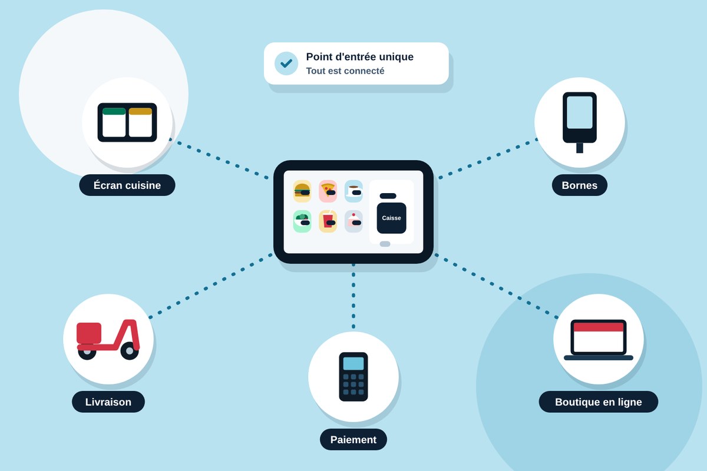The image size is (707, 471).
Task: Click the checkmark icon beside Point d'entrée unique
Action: point(286,64)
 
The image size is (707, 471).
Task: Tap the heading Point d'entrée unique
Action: point(359,57)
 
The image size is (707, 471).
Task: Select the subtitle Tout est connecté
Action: point(345,71)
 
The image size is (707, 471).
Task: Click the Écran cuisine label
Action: point(127,185)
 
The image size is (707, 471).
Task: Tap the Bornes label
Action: point(580,185)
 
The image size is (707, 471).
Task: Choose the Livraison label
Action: point(108,402)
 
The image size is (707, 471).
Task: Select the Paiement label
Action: point(353,439)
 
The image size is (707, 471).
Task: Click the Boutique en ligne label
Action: point(599,402)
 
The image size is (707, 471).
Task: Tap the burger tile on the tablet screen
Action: point(302,191)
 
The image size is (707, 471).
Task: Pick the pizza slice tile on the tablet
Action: point(328,191)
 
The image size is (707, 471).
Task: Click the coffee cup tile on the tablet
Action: point(353,191)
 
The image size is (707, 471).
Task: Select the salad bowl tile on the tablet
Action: point(302,221)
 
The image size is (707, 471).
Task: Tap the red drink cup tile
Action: point(328,221)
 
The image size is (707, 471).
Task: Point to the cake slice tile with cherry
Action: point(353,221)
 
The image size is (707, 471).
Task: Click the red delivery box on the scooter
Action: point(89,333)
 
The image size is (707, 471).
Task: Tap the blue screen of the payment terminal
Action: point(353,364)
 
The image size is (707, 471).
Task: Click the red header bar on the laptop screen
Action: point(599,327)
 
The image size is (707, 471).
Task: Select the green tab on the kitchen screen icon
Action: point(114,111)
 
